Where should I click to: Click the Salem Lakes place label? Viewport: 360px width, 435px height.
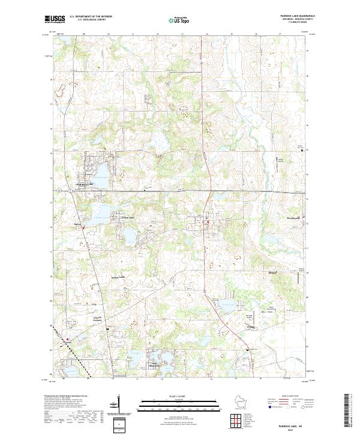point(118,277)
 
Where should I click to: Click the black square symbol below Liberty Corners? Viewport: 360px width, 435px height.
point(108,330)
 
